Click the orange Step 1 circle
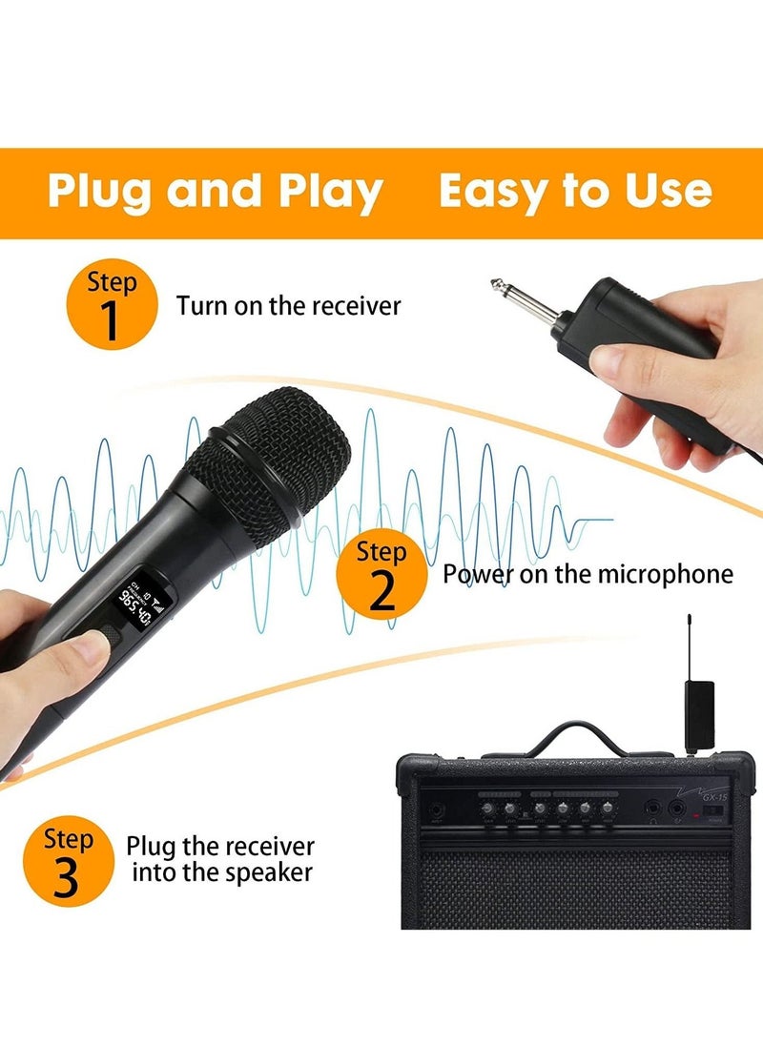110,306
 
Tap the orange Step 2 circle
381,576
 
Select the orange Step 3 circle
68,863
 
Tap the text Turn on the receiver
288,306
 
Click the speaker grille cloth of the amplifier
572,887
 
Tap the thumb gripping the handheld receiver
620,362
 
